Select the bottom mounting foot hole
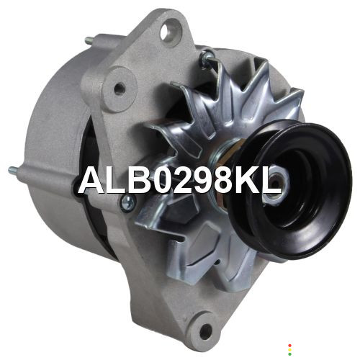[206, 331]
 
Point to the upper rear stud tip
[87, 40]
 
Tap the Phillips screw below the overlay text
[128, 204]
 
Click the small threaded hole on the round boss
[120, 89]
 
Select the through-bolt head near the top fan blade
[207, 58]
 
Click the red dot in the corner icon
[289, 346]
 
